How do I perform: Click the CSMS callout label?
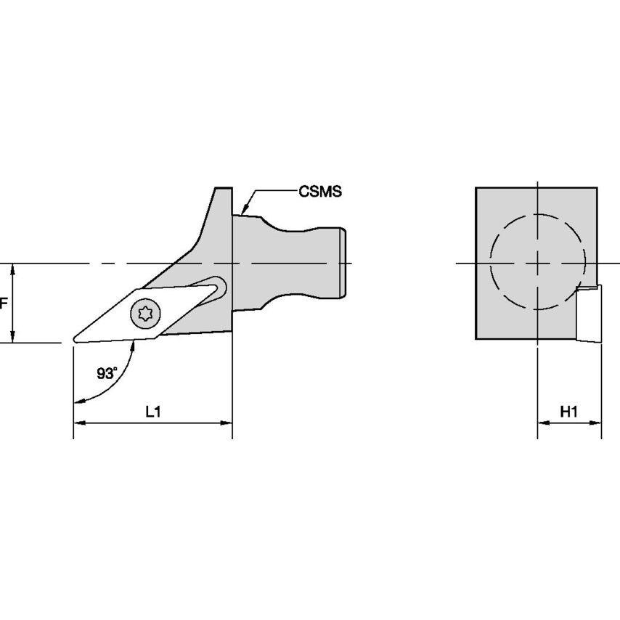coord(319,192)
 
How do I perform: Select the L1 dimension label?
coord(152,412)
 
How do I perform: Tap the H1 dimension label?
coord(569,412)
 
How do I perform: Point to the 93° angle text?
coord(107,373)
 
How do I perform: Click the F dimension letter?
coord(3,303)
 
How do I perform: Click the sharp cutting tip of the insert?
coord(74,339)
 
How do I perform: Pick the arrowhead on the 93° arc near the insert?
coord(134,348)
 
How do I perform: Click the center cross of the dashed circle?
coord(537,262)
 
